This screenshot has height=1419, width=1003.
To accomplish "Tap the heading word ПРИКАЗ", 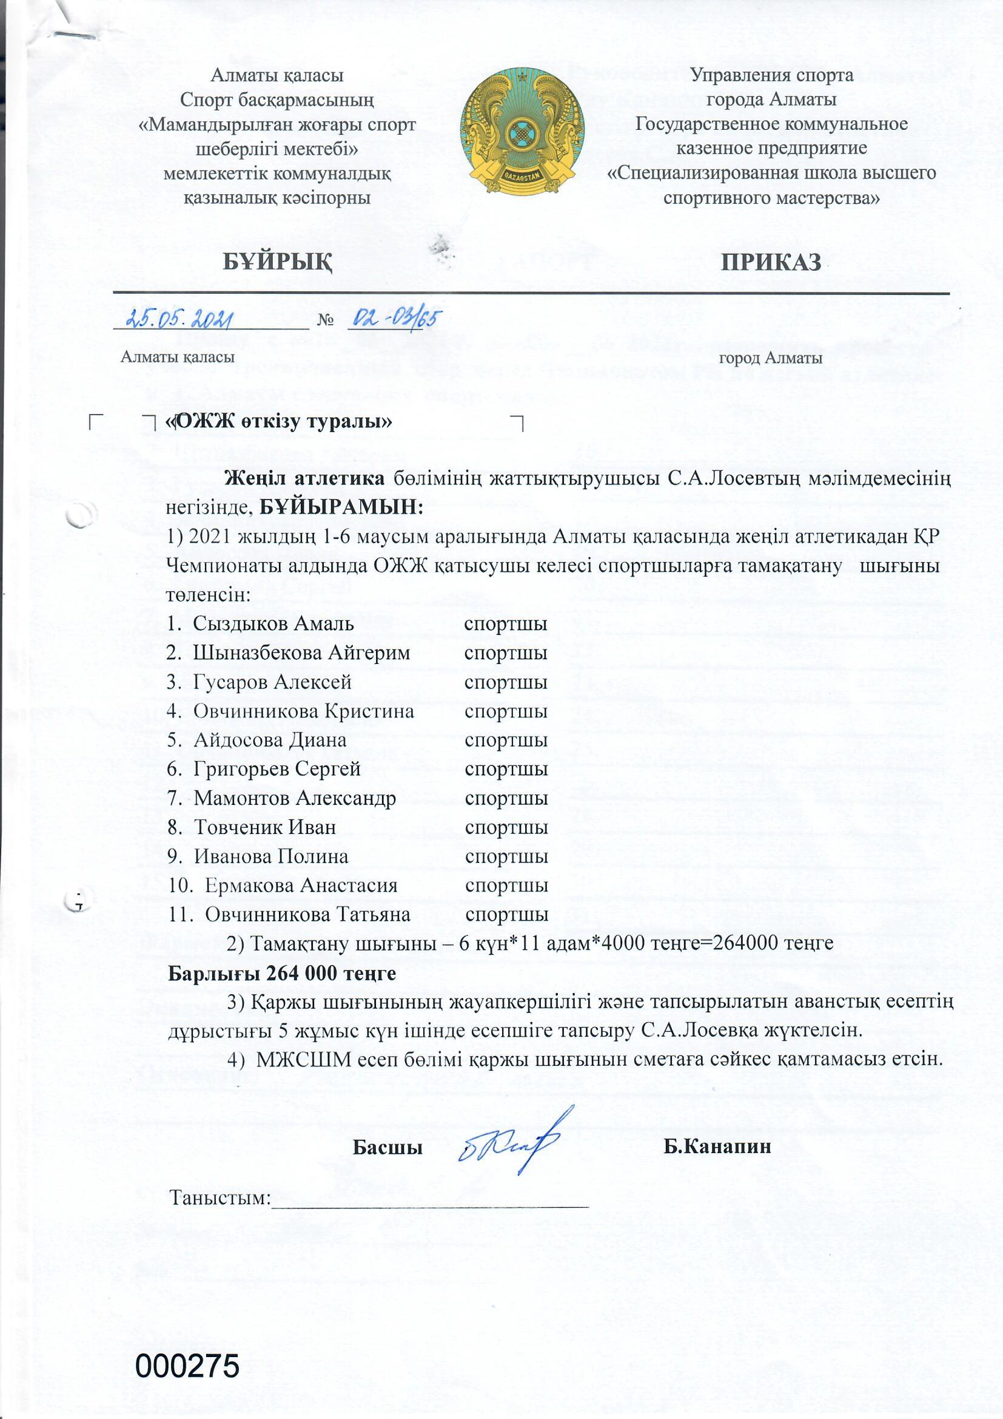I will pyautogui.click(x=771, y=262).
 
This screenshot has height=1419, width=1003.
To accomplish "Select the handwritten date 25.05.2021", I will pyautogui.click(x=179, y=319).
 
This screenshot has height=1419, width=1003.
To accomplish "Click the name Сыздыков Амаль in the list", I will pyautogui.click(x=273, y=623).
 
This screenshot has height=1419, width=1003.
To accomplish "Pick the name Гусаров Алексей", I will pyautogui.click(x=272, y=682).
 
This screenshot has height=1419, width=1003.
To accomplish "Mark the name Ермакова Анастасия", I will pyautogui.click(x=301, y=886).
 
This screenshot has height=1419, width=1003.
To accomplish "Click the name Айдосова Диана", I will pyautogui.click(x=270, y=740).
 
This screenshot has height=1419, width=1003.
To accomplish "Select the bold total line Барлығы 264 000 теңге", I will pyautogui.click(x=282, y=973).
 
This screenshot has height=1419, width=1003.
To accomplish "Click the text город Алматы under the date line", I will pyautogui.click(x=770, y=358).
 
